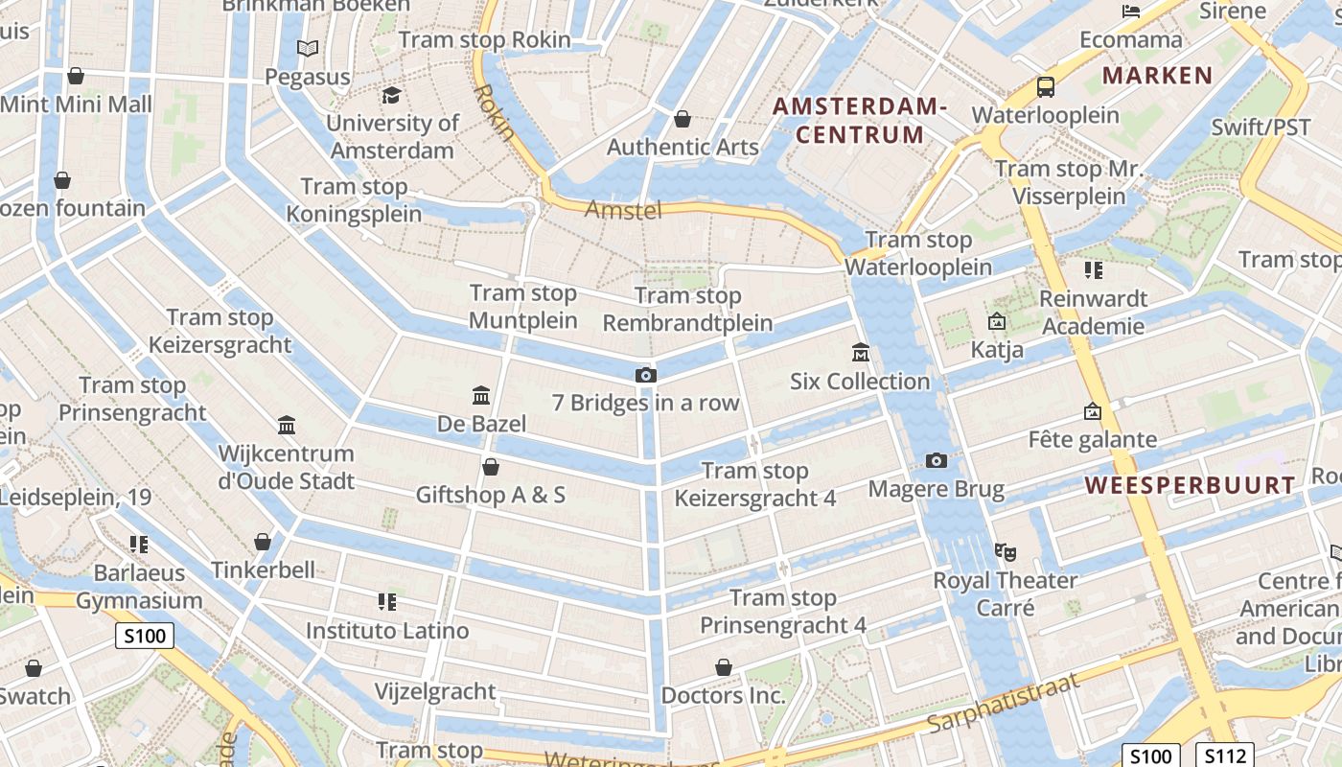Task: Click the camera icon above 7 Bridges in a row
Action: [x=646, y=375]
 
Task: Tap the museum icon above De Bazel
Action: [x=481, y=395]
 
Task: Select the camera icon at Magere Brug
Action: [x=937, y=461]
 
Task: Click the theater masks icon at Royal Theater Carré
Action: [x=1005, y=551]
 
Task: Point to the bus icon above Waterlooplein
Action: [x=1046, y=87]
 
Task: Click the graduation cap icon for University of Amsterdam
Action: [x=391, y=95]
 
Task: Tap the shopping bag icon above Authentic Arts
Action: [x=683, y=119]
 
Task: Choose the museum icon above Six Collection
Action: [x=860, y=353]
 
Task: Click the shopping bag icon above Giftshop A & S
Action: [x=491, y=467]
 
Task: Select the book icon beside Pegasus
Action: [x=307, y=48]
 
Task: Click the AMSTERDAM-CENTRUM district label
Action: [x=860, y=121]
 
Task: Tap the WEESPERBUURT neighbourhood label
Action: [x=1191, y=485]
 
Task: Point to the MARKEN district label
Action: [x=1157, y=76]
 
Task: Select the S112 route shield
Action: [x=1225, y=754]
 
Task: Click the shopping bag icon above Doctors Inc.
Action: [x=724, y=666]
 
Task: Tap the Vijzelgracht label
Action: [x=435, y=691]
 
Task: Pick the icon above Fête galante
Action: [x=1092, y=411]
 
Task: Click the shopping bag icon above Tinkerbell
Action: [x=263, y=542]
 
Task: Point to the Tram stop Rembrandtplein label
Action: [x=687, y=309]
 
